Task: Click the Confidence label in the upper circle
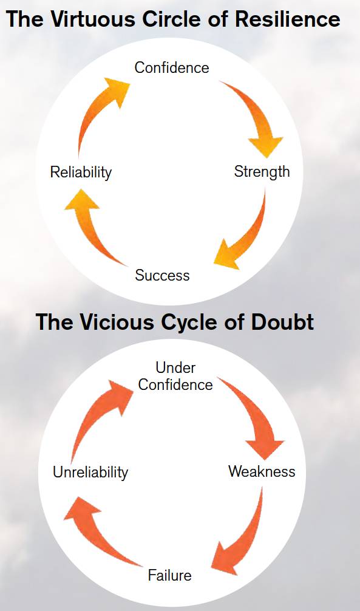click(x=172, y=67)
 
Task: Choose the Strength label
click(x=262, y=171)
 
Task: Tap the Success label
click(x=162, y=275)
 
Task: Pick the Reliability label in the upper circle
click(x=81, y=172)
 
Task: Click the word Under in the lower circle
click(x=175, y=367)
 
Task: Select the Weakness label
click(x=262, y=471)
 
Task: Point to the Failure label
click(x=170, y=575)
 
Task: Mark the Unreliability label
click(x=90, y=472)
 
